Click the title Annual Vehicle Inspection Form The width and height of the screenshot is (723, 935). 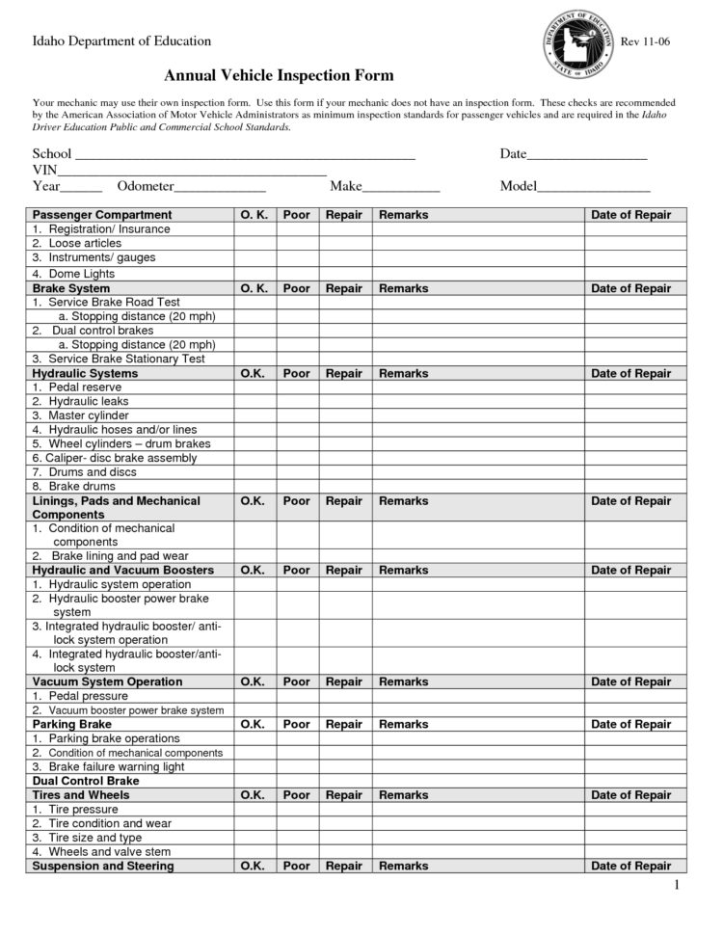[x=279, y=75]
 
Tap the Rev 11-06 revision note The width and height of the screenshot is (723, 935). [x=645, y=41]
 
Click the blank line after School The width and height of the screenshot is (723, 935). [x=245, y=154]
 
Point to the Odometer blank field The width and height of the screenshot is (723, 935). [x=220, y=186]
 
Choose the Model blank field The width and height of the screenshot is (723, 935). [x=593, y=186]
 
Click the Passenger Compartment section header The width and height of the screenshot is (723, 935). [x=102, y=215]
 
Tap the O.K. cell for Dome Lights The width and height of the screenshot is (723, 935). [x=254, y=274]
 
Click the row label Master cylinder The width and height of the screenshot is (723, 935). [x=89, y=415]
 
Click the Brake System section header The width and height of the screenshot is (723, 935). [x=71, y=288]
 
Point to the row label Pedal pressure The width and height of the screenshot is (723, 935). [x=88, y=696]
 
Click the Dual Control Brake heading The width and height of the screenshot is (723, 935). [x=86, y=781]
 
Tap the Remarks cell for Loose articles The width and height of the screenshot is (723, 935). [x=478, y=244]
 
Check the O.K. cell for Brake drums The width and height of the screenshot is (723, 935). [x=254, y=487]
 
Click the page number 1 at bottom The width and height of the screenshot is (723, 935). [x=677, y=886]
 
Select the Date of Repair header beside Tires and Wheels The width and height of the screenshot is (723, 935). [x=630, y=795]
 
